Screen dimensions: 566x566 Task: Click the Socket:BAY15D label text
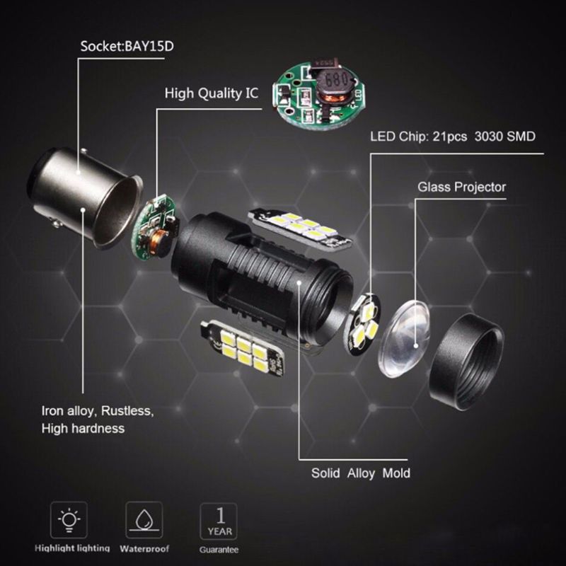pyautogui.click(x=127, y=47)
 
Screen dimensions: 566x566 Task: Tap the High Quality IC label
pyautogui.click(x=212, y=93)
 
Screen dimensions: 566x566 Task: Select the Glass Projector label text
pyautogui.click(x=462, y=187)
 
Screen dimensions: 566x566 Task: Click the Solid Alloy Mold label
pyautogui.click(x=361, y=473)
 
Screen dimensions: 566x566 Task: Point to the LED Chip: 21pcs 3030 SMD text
pyautogui.click(x=453, y=137)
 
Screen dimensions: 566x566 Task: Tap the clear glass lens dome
pyautogui.click(x=404, y=339)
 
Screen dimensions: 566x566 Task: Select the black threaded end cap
pyautogui.click(x=466, y=362)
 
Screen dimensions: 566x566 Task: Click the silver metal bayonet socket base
pyautogui.click(x=86, y=199)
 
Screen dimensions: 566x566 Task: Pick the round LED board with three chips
pyautogui.click(x=362, y=324)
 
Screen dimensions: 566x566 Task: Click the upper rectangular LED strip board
pyautogui.click(x=299, y=229)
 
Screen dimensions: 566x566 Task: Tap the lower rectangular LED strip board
pyautogui.click(x=243, y=347)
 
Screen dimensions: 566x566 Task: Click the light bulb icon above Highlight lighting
pyautogui.click(x=69, y=520)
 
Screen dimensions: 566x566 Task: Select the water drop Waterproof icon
pyautogui.click(x=144, y=520)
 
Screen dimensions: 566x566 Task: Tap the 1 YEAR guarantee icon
pyautogui.click(x=219, y=521)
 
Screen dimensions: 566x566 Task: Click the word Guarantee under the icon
pyautogui.click(x=219, y=550)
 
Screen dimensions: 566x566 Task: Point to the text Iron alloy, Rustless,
pyautogui.click(x=98, y=411)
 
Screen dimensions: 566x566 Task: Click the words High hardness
pyautogui.click(x=83, y=429)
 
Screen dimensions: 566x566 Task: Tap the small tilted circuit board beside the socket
pyautogui.click(x=154, y=227)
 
